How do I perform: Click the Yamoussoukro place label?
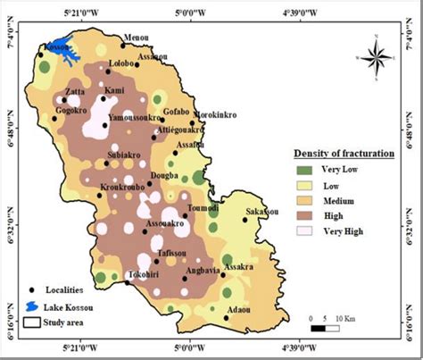click(x=136, y=117)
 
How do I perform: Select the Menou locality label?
click(x=136, y=38)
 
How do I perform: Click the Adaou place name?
click(x=239, y=308)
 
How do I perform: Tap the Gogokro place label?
click(x=71, y=110)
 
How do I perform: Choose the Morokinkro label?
click(x=217, y=115)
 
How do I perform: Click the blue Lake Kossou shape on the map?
click(x=64, y=55)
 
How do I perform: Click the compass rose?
click(x=378, y=56)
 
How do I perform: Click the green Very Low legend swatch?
click(x=305, y=169)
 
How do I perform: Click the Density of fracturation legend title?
click(x=344, y=153)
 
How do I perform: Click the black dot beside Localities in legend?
click(x=32, y=290)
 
